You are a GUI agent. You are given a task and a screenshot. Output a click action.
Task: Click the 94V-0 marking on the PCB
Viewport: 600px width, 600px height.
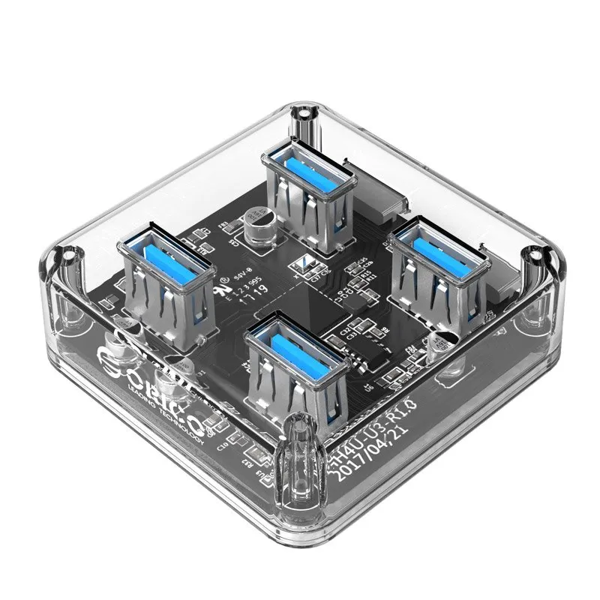tap(241, 278)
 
